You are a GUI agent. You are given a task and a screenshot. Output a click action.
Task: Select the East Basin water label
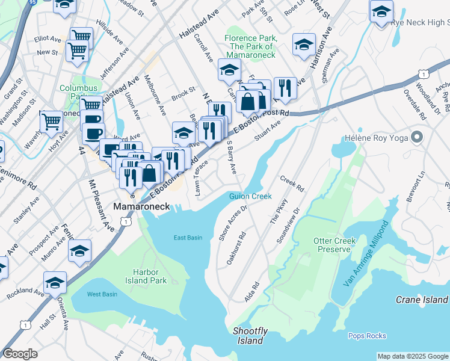(188, 238)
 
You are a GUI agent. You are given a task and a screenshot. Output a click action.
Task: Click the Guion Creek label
(250, 196)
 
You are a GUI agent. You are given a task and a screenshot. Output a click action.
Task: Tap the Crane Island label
(422, 300)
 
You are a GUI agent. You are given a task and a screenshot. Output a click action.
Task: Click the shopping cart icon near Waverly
(51, 121)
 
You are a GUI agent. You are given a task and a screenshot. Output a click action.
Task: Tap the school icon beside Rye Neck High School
(381, 11)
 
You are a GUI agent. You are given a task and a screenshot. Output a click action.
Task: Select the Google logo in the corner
(20, 354)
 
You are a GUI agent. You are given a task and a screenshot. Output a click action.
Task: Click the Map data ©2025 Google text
(412, 356)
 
